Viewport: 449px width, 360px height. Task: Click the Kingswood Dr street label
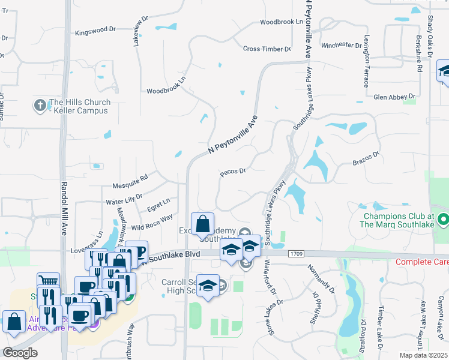[x=95, y=30]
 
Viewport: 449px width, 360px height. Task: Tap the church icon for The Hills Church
[x=40, y=106]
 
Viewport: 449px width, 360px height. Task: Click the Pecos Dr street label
[x=234, y=172]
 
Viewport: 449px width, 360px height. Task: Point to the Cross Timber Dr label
[x=267, y=49]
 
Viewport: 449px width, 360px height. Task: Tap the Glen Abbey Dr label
[x=394, y=96]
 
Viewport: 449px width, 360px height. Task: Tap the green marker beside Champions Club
[x=443, y=221]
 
